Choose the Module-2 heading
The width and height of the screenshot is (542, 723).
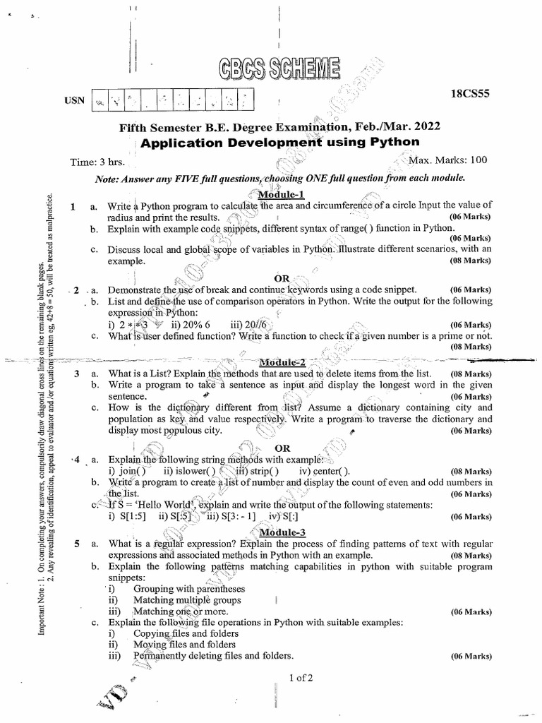point(282,361)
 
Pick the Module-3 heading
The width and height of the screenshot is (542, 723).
point(282,532)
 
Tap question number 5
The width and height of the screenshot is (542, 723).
point(76,544)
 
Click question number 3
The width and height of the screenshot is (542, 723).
point(76,374)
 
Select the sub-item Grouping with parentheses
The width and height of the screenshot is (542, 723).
point(189,588)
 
